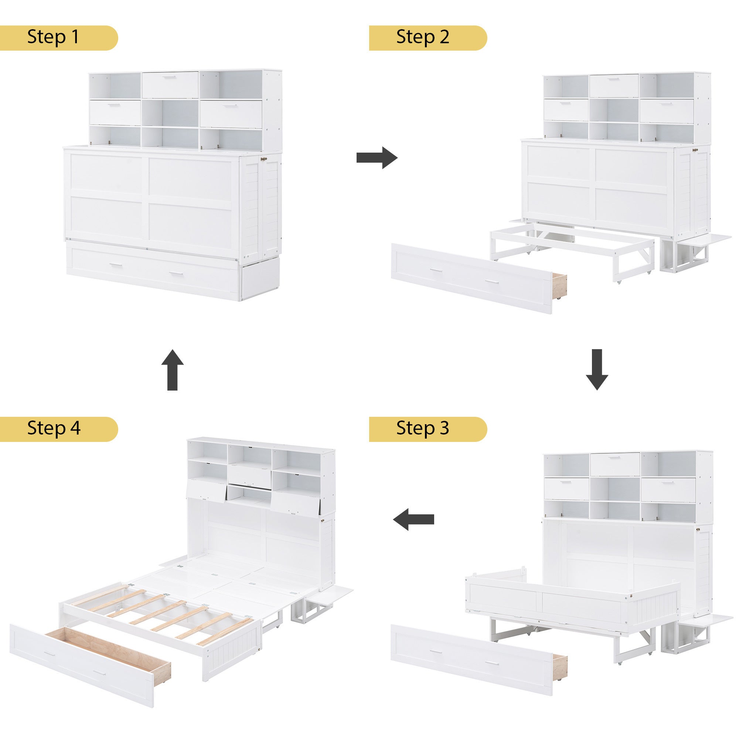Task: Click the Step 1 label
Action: tap(54, 37)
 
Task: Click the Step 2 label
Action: tap(423, 37)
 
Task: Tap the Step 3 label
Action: tap(423, 428)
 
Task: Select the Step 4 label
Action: tap(54, 428)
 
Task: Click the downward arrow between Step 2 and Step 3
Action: tap(597, 369)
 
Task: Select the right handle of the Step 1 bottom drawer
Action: tap(176, 273)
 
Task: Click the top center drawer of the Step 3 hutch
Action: tap(615, 464)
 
